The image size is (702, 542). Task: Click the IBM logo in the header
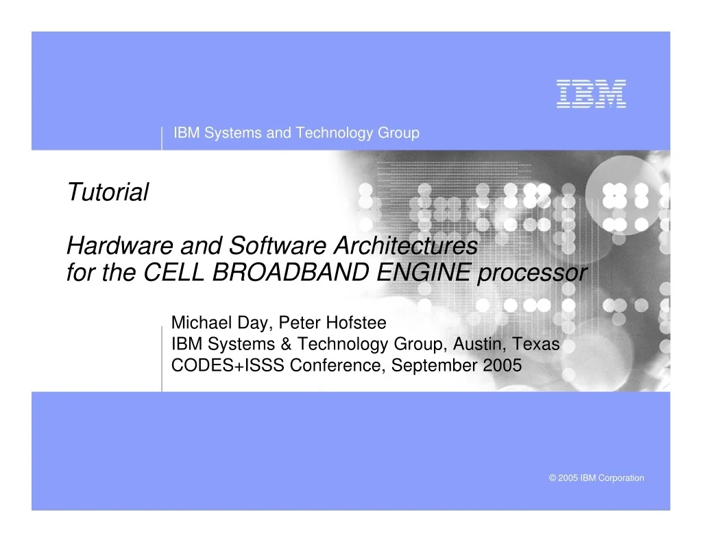[591, 94]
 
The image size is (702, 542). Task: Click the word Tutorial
[108, 192]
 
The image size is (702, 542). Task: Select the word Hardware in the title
[120, 246]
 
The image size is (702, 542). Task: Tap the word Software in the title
[278, 246]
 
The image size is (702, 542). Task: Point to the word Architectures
[406, 246]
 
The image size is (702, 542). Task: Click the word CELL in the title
[173, 272]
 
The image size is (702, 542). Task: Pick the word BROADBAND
[291, 272]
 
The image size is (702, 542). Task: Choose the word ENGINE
[424, 272]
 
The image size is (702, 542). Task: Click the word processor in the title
[532, 273]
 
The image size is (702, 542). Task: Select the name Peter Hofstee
[332, 323]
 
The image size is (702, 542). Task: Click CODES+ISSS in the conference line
[228, 365]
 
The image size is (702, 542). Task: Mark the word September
[435, 366]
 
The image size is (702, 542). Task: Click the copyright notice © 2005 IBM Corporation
[596, 478]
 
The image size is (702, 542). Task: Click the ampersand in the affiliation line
[286, 344]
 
